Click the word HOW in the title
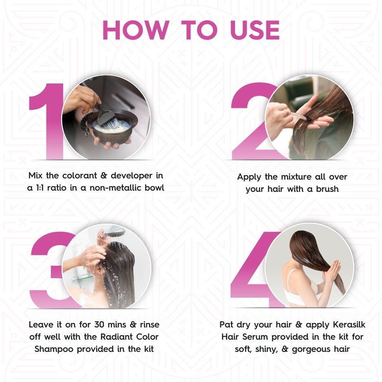pos(135,30)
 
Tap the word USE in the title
pos(248,30)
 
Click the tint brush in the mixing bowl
pos(107,118)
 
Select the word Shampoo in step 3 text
pos(54,349)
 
